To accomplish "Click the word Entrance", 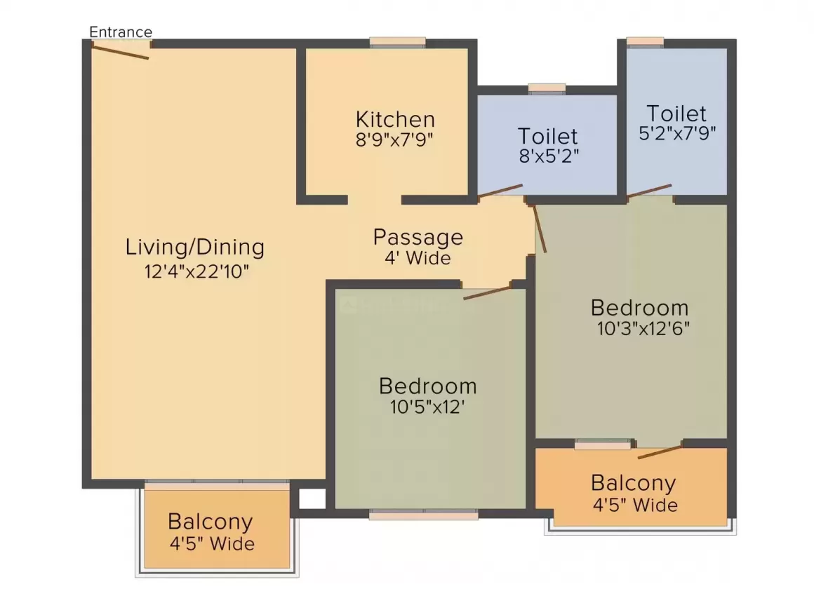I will (x=121, y=32).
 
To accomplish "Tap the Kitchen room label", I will (x=395, y=118).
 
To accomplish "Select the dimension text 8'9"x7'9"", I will (x=395, y=138).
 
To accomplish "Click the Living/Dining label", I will (x=195, y=248).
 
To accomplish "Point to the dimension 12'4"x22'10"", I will (x=196, y=271).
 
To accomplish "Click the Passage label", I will (x=418, y=237).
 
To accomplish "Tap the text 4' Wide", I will (x=418, y=258).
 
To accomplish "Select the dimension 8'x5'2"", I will (x=547, y=155).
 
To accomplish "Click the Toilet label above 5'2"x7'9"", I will (x=676, y=113).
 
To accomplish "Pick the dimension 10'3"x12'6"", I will (x=640, y=329).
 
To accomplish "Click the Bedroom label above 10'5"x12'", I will (x=427, y=386).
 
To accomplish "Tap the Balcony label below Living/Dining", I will (x=210, y=522).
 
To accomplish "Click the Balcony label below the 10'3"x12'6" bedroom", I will (x=633, y=483).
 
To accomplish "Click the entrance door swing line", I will (x=121, y=51).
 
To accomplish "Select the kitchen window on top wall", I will (x=397, y=43).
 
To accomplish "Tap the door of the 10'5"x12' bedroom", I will (x=486, y=292).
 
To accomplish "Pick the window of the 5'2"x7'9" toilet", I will (x=645, y=42).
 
